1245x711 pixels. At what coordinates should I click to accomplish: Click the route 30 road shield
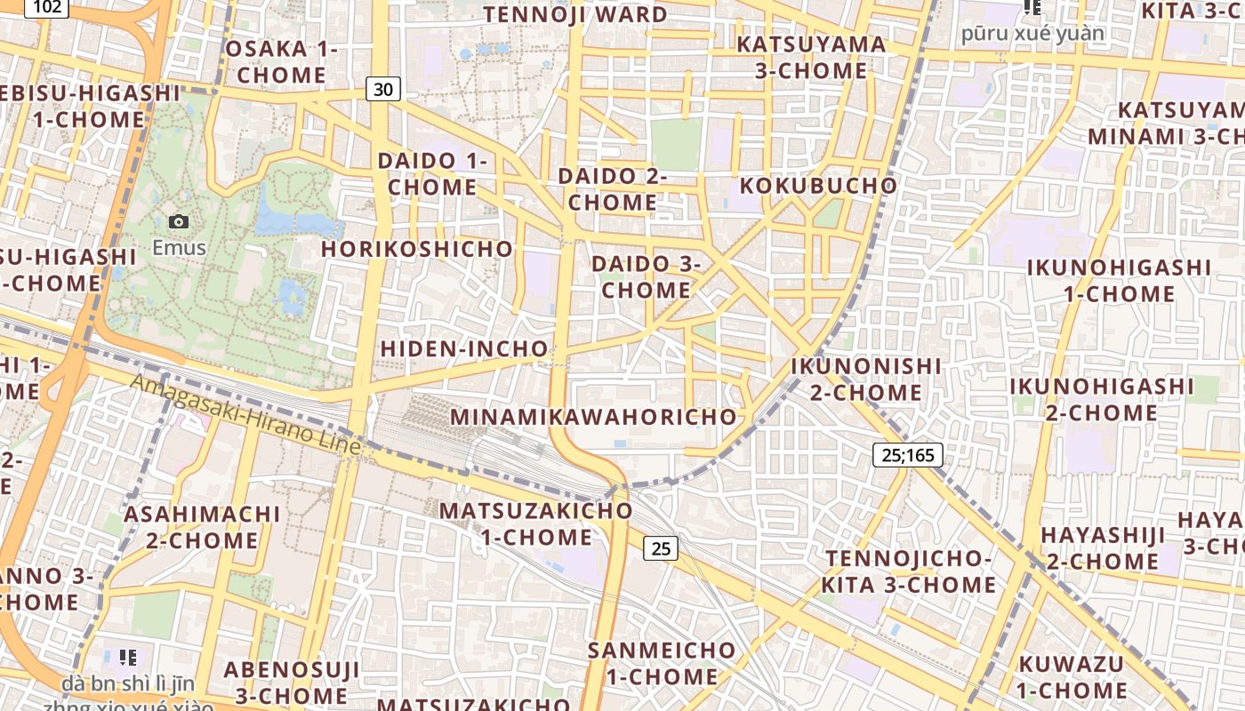pos(382,89)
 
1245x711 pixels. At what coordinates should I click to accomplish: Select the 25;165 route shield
pos(907,455)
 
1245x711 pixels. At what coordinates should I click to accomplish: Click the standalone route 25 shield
pos(661,548)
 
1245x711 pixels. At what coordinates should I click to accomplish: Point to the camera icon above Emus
pos(179,221)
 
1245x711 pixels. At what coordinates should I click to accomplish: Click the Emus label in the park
pos(179,248)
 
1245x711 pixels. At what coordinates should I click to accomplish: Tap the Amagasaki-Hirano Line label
pos(245,415)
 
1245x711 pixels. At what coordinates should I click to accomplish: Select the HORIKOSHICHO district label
pos(417,249)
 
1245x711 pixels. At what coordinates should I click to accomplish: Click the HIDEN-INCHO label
pos(464,348)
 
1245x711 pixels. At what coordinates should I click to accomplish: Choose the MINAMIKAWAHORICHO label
pos(594,416)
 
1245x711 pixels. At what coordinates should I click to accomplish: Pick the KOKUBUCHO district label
pos(818,186)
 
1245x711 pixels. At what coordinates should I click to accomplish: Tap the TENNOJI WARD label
pos(575,14)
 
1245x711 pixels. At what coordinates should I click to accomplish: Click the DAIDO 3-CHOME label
pos(647,276)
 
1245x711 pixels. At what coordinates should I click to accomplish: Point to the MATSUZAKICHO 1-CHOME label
pos(536,523)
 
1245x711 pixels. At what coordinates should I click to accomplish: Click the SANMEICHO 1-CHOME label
pos(663,663)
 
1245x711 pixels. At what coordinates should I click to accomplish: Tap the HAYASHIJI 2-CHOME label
pos(1103,547)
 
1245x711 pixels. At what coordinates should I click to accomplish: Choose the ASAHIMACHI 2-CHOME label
pos(202,527)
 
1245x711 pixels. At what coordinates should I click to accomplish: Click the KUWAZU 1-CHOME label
pos(1072,676)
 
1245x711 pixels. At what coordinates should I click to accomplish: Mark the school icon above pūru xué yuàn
pos(1032,8)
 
